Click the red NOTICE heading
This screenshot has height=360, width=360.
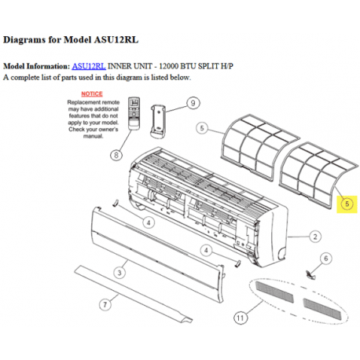click(x=92, y=94)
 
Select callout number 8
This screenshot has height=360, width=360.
click(x=116, y=155)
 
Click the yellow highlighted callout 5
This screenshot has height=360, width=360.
click(x=347, y=204)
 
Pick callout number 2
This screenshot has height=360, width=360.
click(x=314, y=236)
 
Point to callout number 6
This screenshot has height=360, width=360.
click(x=326, y=258)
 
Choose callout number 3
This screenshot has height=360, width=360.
click(x=119, y=272)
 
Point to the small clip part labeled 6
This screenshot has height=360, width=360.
click(x=311, y=273)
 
